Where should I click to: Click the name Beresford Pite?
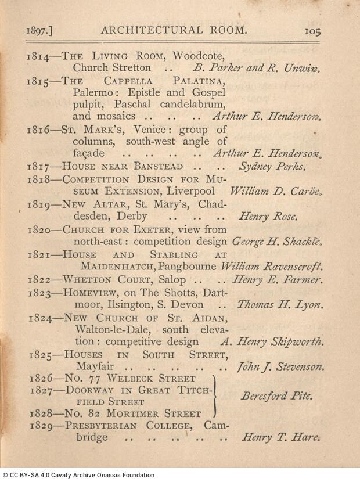tap(276, 397)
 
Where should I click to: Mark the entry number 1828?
tap(42, 414)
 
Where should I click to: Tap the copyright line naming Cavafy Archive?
tap(79, 475)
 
